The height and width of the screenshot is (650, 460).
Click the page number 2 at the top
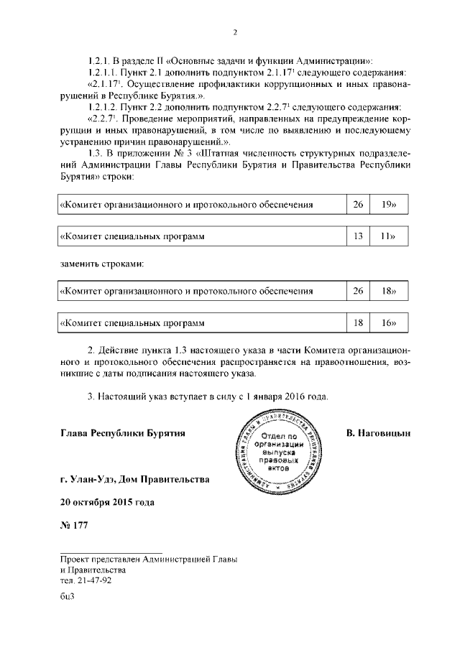pos(234,32)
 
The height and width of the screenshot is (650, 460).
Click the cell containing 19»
pos(390,205)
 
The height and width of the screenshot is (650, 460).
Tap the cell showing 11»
pos(390,236)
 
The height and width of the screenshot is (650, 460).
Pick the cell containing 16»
pos(390,323)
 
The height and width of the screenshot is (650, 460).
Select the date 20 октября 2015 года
pos(107,501)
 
